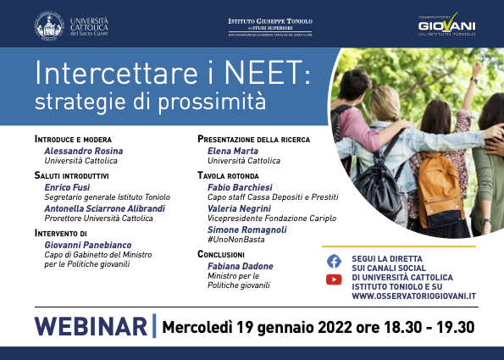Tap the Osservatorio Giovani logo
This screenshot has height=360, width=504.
click(x=447, y=25)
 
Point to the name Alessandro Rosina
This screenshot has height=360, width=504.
click(x=83, y=150)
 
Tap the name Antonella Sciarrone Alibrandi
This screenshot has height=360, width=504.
click(x=104, y=208)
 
